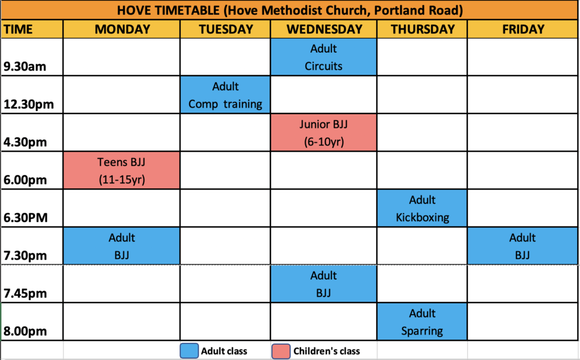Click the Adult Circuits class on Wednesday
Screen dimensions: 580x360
pyautogui.click(x=323, y=57)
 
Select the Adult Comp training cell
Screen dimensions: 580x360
pyautogui.click(x=225, y=95)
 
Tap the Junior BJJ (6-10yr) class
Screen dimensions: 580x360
pyautogui.click(x=323, y=132)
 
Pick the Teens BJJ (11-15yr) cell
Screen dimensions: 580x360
pyautogui.click(x=122, y=170)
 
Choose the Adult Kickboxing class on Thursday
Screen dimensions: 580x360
pyautogui.click(x=422, y=208)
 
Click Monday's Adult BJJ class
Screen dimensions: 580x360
pyautogui.click(x=122, y=246)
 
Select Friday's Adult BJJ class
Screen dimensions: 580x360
pyautogui.click(x=522, y=246)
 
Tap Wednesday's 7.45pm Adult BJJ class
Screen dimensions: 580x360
pyautogui.click(x=323, y=284)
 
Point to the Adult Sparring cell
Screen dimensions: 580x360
pyautogui.click(x=422, y=322)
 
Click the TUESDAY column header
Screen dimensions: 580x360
pyautogui.click(x=225, y=29)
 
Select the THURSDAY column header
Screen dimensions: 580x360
pyautogui.click(x=423, y=29)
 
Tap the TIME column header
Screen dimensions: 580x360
pyautogui.click(x=18, y=29)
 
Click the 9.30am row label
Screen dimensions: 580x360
pyautogui.click(x=25, y=67)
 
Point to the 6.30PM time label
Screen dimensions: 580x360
pyautogui.click(x=25, y=218)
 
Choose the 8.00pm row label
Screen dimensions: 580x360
pyautogui.click(x=25, y=331)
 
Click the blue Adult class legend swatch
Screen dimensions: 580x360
pyautogui.click(x=189, y=351)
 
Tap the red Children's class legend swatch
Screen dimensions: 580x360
pyautogui.click(x=281, y=351)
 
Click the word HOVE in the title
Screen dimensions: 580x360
pyautogui.click(x=134, y=10)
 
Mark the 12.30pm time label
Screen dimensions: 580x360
pyautogui.click(x=29, y=105)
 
